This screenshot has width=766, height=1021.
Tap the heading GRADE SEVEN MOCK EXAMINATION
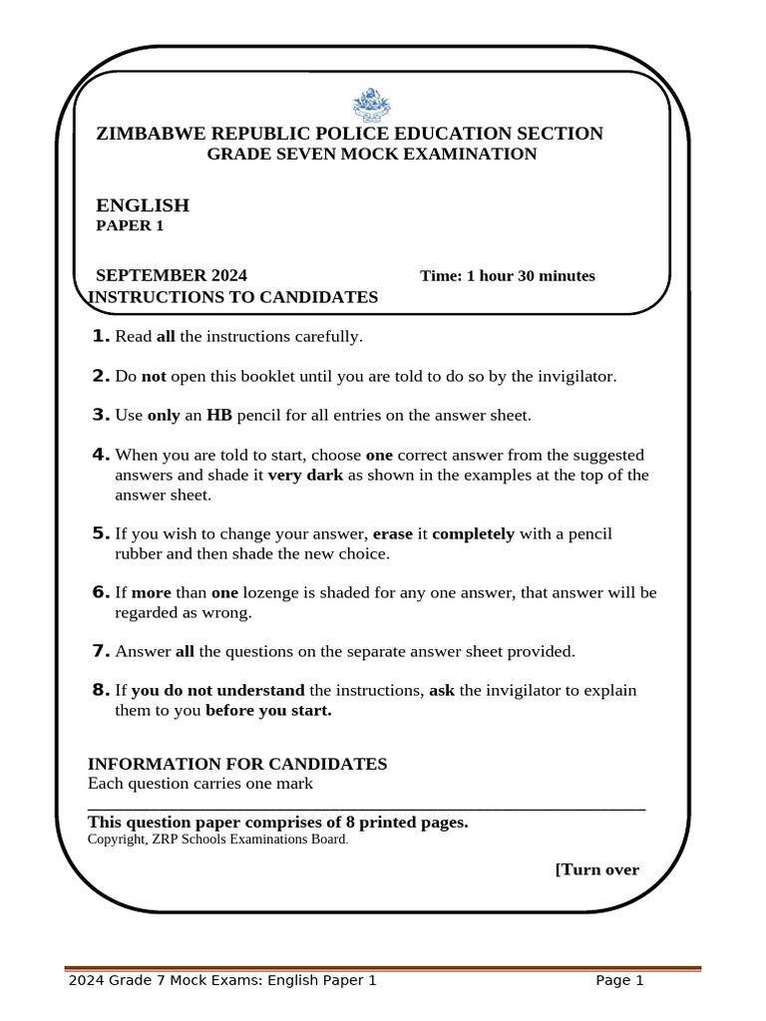tap(371, 154)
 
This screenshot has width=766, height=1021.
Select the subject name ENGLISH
tap(142, 205)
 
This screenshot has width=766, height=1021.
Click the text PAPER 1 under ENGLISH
tap(129, 225)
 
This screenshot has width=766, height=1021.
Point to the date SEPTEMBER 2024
tap(172, 276)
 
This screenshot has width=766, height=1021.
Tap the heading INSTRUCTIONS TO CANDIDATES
tap(233, 297)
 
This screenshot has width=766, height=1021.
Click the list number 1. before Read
tap(101, 336)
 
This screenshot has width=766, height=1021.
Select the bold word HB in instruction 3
tap(218, 415)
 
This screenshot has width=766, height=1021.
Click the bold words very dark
tap(305, 475)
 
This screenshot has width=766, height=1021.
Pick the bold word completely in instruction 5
tap(473, 533)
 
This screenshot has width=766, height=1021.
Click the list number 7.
tap(101, 651)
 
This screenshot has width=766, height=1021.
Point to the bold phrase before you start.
tap(268, 711)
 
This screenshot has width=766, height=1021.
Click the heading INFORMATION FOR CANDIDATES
tap(237, 764)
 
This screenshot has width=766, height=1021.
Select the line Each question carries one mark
tap(200, 783)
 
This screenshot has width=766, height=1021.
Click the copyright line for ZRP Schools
tap(218, 840)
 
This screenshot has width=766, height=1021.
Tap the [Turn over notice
tap(596, 869)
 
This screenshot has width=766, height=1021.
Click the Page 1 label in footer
tap(619, 980)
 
